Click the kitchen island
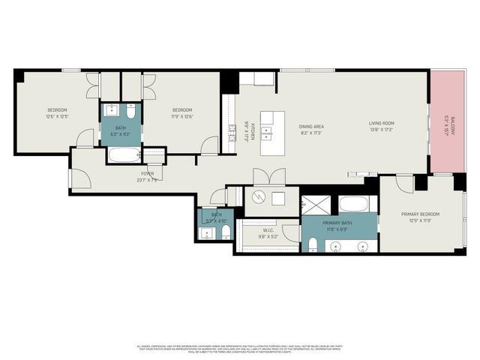[273, 133]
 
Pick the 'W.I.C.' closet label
[268, 230]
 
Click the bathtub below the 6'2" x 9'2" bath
[124, 156]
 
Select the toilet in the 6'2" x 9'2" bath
[131, 115]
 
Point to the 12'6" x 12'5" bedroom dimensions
[57, 117]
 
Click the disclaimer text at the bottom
[240, 349]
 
